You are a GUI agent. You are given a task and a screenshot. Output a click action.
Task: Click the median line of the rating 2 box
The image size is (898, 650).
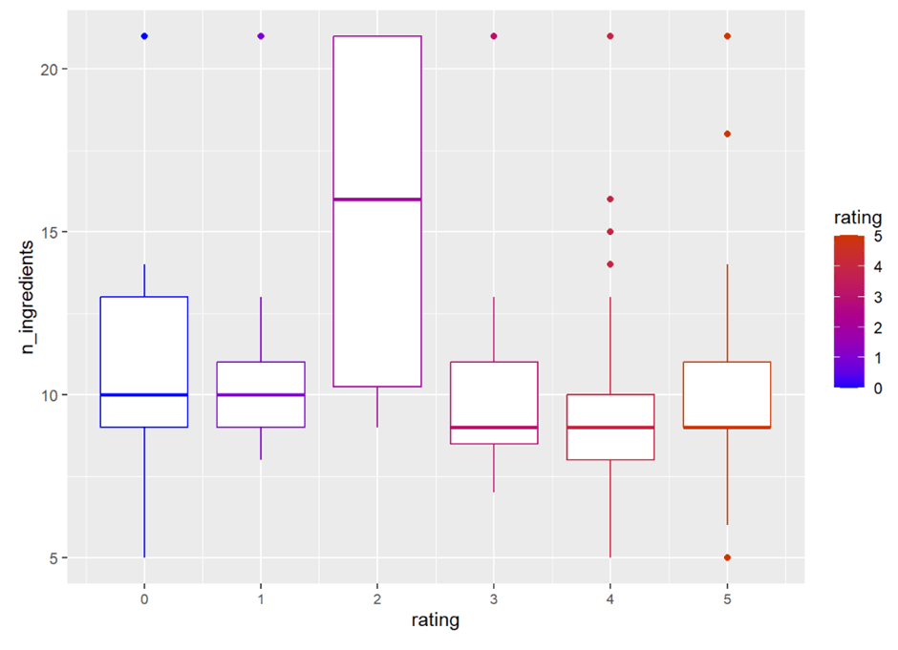click(x=377, y=199)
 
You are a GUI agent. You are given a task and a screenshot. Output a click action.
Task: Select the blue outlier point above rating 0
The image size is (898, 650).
click(x=144, y=36)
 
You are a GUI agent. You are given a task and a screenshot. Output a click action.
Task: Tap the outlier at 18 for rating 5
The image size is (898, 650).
click(x=727, y=134)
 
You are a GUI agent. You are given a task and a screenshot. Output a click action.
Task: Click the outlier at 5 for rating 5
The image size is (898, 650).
click(x=727, y=557)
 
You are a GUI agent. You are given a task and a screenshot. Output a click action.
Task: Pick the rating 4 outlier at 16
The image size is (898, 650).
click(x=610, y=199)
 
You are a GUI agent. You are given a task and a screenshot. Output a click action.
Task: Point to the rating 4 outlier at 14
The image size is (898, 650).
click(x=610, y=264)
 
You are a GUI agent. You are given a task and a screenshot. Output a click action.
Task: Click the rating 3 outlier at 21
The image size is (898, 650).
click(x=494, y=36)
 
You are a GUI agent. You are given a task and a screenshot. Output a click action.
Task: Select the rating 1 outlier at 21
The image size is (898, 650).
click(x=261, y=36)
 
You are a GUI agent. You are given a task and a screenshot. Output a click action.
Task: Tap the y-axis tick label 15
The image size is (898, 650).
click(x=48, y=232)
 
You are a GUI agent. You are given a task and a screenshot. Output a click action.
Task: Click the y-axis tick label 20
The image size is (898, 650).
click(x=48, y=69)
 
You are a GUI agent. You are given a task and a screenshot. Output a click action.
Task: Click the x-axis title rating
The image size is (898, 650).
click(x=436, y=621)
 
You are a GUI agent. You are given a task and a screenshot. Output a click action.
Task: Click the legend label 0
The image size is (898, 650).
click(x=877, y=387)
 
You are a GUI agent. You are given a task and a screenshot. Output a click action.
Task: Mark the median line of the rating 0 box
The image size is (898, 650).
click(x=144, y=395)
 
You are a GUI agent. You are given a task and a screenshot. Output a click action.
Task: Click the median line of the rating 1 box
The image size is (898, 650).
click(x=261, y=395)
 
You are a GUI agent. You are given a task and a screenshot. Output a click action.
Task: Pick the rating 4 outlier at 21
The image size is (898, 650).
click(x=610, y=36)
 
